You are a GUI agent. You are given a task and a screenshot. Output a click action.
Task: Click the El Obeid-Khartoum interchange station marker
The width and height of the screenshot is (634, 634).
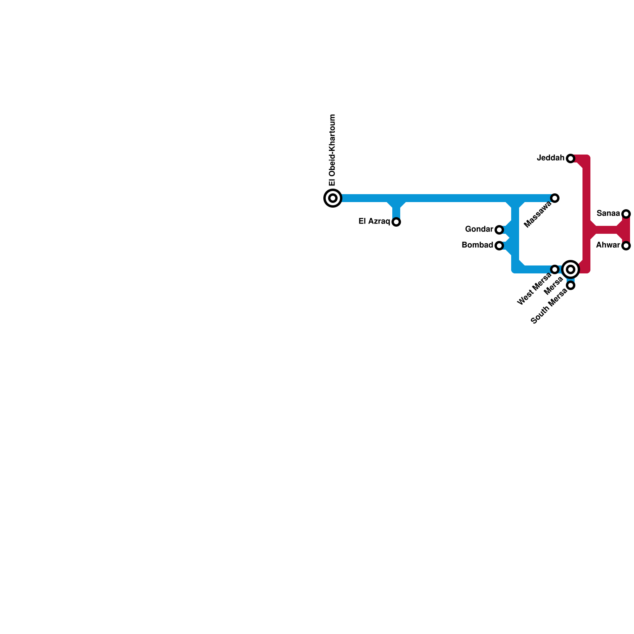(x=333, y=198)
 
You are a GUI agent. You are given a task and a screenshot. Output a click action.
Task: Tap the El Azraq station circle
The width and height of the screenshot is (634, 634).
(x=396, y=222)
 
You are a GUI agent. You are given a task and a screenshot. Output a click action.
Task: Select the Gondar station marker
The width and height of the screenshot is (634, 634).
(x=499, y=230)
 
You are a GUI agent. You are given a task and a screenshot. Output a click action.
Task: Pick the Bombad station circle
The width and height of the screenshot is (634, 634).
(x=499, y=246)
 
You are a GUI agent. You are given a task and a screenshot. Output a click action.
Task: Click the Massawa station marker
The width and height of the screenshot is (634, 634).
(x=555, y=198)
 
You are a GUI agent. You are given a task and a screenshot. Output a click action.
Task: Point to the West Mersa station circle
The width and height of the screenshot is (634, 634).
(x=555, y=269)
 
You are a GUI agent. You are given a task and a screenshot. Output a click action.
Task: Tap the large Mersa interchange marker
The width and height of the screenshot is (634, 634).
(x=571, y=269)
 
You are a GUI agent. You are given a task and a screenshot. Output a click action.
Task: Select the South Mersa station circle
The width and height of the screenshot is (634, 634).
(x=571, y=285)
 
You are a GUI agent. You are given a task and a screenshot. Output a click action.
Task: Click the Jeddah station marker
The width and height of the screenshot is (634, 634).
(x=571, y=158)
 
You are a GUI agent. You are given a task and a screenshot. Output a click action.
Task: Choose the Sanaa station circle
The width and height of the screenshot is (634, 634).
(x=626, y=214)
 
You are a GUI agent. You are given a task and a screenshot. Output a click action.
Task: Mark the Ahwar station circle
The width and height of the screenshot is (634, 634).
(x=626, y=246)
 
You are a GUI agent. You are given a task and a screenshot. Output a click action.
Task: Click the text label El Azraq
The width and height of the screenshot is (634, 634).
(x=374, y=222)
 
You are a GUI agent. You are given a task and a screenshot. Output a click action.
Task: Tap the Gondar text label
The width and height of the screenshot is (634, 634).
(x=479, y=229)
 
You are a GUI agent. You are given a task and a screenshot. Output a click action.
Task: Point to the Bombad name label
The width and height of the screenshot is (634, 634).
(x=477, y=245)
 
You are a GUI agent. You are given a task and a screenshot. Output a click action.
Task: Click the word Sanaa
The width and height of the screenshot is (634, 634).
(x=608, y=214)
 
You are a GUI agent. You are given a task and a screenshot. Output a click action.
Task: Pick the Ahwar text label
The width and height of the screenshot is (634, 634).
(x=608, y=245)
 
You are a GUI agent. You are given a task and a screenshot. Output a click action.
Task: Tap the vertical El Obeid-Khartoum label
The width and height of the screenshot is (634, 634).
(x=333, y=150)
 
